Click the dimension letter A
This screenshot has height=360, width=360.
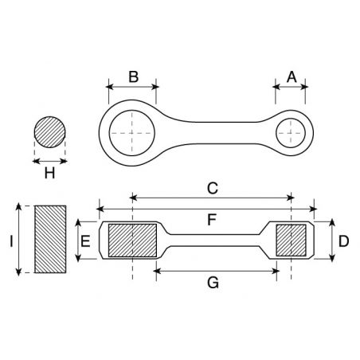pyautogui.click(x=292, y=76)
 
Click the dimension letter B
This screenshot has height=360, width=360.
pyautogui.click(x=133, y=76)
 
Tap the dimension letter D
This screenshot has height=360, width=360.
pyautogui.click(x=342, y=241)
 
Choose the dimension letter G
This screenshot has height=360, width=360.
pyautogui.click(x=213, y=283)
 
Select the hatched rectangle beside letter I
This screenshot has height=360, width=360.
pyautogui.click(x=50, y=239)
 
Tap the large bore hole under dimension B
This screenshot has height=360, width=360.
pyautogui.click(x=131, y=129)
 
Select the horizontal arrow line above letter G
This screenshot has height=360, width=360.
pyautogui.click(x=215, y=270)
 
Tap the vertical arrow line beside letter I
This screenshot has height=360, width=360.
pyautogui.click(x=18, y=239)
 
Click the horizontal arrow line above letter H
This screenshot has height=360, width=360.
pyautogui.click(x=49, y=159)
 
